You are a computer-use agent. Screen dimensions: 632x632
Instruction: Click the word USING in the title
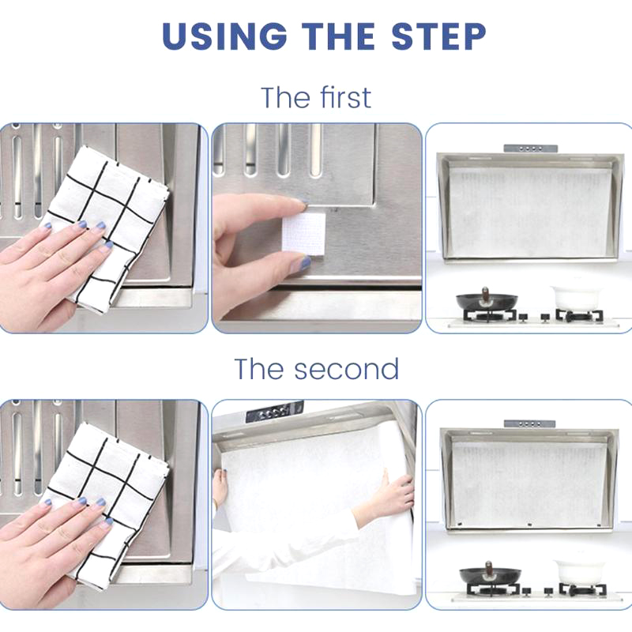click(224, 36)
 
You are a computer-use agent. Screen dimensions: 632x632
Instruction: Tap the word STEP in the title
click(438, 36)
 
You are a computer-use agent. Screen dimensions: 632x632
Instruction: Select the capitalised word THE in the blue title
click(339, 36)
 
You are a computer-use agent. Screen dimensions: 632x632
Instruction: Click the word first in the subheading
click(345, 97)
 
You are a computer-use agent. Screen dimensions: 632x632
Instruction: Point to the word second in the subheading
click(346, 369)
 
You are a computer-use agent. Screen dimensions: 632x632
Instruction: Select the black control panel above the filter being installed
click(274, 411)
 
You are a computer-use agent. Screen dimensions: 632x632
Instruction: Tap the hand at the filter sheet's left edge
click(220, 487)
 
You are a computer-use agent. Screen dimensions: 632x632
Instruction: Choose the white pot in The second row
click(579, 570)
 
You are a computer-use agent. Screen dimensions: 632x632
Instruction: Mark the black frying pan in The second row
click(490, 574)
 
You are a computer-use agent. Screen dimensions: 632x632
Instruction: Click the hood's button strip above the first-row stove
click(530, 149)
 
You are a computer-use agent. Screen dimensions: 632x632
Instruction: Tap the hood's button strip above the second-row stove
click(529, 423)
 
